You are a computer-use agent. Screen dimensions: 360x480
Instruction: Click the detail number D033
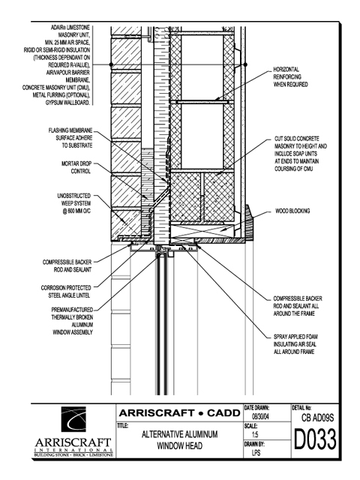pos(315,439)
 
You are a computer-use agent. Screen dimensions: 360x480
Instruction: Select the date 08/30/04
pos(260,416)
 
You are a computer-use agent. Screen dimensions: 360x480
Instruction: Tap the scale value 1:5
pos(255,434)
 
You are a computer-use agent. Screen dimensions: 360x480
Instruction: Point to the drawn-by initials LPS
pos(256,452)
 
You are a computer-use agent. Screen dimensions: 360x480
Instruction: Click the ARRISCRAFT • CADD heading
pos(180,413)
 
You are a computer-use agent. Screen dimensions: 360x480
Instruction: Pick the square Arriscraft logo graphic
pos(73,419)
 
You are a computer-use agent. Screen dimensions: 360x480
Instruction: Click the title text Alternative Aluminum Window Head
pos(180,440)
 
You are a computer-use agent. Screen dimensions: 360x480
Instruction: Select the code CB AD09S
pos(317,418)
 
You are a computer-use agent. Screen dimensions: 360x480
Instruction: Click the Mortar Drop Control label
pos(76,167)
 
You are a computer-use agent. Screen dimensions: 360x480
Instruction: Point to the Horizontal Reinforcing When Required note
pos(291,76)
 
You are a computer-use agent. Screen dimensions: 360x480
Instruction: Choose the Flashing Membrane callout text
pos(70,138)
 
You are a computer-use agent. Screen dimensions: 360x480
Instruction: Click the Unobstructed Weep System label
pos(74,203)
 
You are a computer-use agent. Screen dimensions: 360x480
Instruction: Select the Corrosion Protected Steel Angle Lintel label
pos(66,292)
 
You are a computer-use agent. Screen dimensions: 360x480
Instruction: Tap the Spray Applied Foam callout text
pos(295,344)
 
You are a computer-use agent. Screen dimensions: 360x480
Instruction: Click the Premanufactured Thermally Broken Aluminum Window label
pos(72,321)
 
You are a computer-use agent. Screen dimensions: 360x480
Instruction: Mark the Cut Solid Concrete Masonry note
pos(301,154)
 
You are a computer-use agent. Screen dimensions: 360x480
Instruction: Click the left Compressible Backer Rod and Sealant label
pos(67,266)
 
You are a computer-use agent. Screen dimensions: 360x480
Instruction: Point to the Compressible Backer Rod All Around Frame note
pos(298,306)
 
